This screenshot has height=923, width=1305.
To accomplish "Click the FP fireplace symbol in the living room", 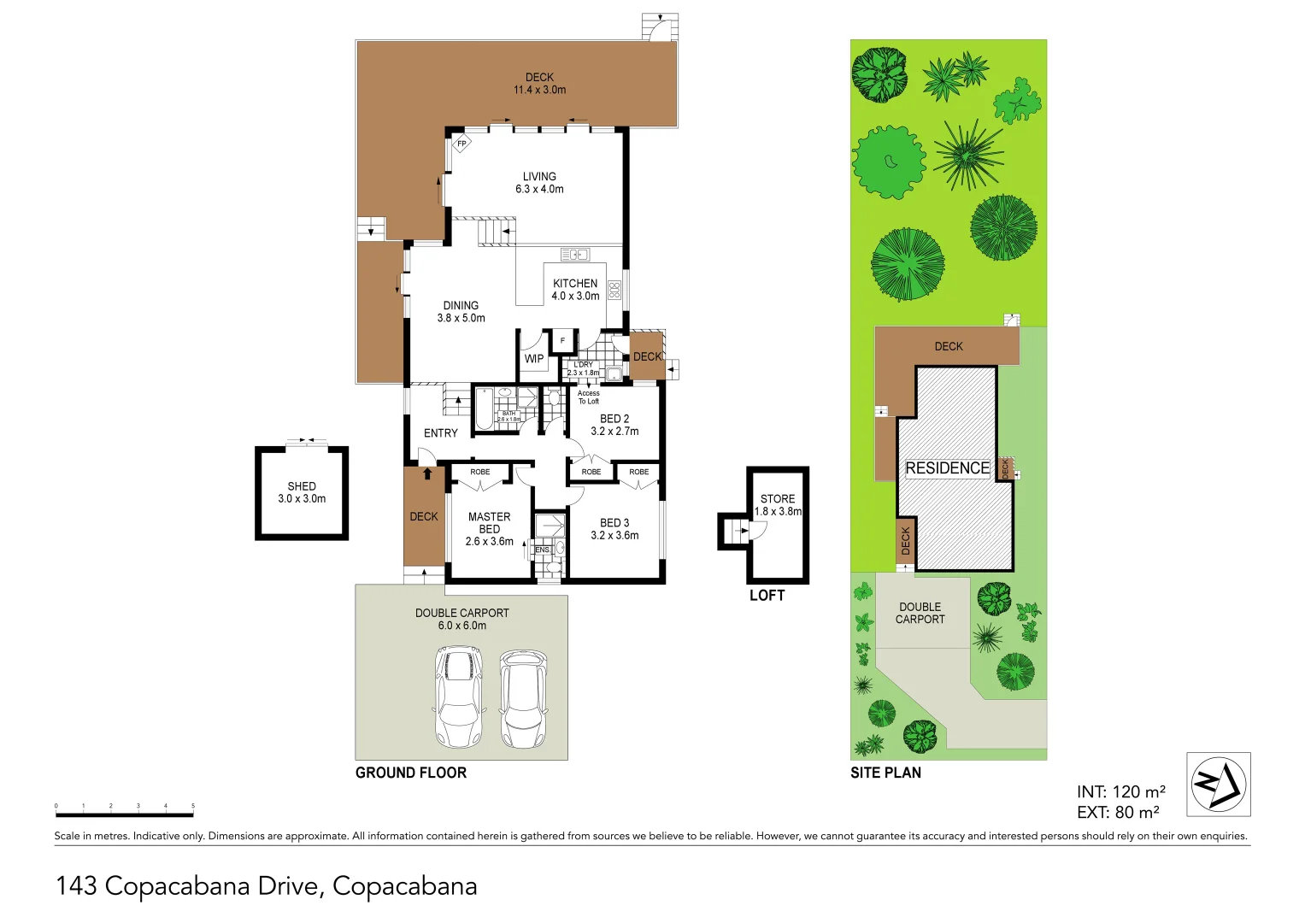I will (x=461, y=144).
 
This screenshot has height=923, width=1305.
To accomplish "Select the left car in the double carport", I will (x=458, y=696).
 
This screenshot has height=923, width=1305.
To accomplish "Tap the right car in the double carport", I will (x=522, y=699).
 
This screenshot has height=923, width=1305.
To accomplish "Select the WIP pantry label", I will (x=534, y=359).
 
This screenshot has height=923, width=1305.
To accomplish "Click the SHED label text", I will (x=302, y=486).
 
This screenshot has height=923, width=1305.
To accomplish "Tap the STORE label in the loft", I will (x=778, y=498).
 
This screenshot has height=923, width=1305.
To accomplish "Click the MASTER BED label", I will (x=490, y=523).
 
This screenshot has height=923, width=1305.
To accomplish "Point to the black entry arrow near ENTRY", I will (x=427, y=473).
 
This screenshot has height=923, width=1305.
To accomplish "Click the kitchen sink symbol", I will (x=574, y=254).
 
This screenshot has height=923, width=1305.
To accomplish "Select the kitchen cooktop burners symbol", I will (x=614, y=290).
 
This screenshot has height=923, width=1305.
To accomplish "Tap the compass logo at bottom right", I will (x=1218, y=784).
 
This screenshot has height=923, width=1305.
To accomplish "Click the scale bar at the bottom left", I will (x=125, y=812).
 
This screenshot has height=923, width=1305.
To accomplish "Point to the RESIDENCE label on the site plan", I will (x=947, y=468).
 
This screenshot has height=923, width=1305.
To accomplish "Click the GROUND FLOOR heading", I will (x=411, y=773).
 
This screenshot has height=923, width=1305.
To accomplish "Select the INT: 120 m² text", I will (x=1120, y=792).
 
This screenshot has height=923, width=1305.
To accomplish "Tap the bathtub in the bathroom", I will (x=484, y=409).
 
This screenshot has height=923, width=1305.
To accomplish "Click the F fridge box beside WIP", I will (x=562, y=341).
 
